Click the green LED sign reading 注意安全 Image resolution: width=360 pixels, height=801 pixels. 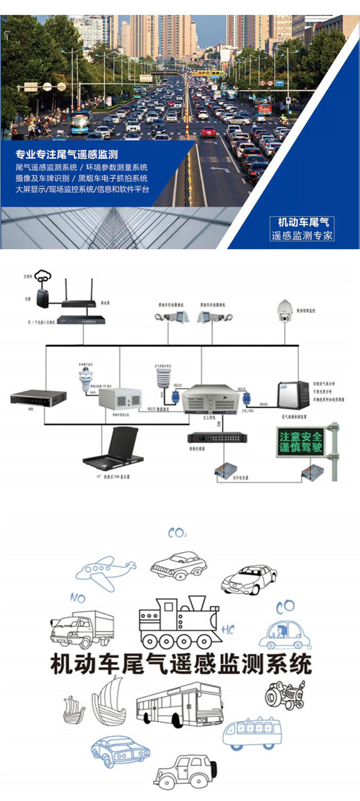coord(301,442)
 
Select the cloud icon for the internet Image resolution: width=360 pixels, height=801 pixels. coord(43,276)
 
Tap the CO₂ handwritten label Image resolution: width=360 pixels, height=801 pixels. coord(177,533)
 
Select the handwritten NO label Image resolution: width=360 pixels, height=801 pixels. coord(77,598)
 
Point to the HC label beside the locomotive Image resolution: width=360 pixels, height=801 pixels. coord(228,630)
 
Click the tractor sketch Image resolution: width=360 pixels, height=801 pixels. coord(285,694)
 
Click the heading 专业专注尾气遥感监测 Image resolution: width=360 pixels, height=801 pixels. coord(67,154)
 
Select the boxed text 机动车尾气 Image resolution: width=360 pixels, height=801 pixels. coord(303,222)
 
